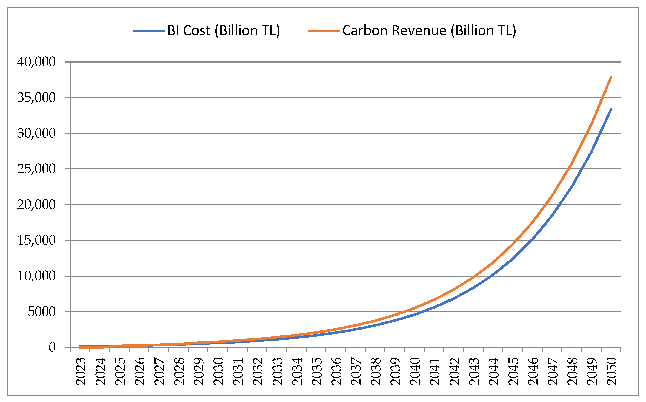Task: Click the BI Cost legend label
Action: point(224,31)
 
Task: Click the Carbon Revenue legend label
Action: point(429,31)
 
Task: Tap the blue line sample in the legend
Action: point(149,31)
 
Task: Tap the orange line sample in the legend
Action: point(324,31)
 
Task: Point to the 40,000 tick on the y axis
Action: point(36,62)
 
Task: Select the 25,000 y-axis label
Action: point(36,169)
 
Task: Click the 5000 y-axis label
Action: point(41,312)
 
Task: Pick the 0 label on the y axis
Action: point(52,347)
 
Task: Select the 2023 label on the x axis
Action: point(81,371)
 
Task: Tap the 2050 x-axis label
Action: point(611,371)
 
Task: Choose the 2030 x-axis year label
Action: point(218,371)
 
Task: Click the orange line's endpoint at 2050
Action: point(611,77)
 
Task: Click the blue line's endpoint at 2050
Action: point(611,109)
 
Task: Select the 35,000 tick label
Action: point(36,98)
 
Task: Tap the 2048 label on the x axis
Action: point(572,371)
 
